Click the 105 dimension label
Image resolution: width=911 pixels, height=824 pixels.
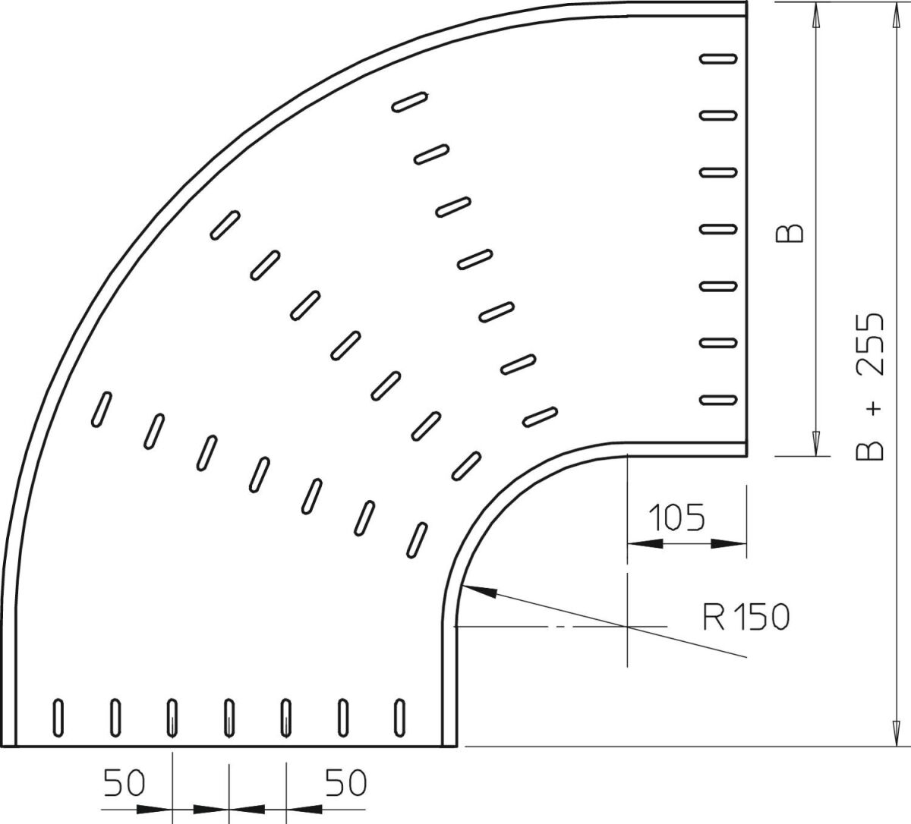(x=677, y=517)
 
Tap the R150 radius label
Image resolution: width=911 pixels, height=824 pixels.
(x=746, y=618)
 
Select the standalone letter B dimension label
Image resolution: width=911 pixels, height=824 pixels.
(x=794, y=233)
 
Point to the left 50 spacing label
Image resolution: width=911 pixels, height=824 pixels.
(x=124, y=784)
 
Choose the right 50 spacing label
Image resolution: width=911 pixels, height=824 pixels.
(x=345, y=782)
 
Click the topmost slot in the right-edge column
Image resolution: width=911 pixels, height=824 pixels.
(x=718, y=58)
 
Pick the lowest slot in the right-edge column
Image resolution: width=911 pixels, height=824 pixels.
(x=718, y=399)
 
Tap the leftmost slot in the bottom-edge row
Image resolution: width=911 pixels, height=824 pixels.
(x=58, y=717)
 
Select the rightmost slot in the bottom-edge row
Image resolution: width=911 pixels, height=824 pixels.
(x=400, y=717)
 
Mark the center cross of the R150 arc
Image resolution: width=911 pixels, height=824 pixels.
(x=627, y=626)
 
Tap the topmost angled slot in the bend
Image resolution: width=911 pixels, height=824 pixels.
(x=410, y=102)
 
